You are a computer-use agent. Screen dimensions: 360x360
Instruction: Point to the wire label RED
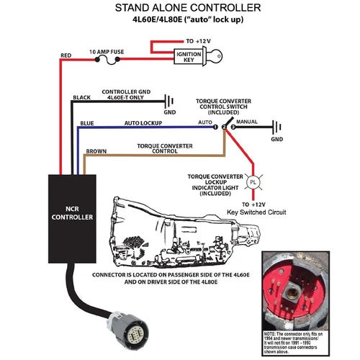click(x=66, y=55)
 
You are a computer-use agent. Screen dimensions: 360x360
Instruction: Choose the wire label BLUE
click(x=88, y=123)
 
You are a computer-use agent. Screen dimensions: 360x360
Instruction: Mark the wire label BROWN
click(x=97, y=152)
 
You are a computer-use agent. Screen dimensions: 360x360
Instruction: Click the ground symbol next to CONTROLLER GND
click(x=170, y=103)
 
